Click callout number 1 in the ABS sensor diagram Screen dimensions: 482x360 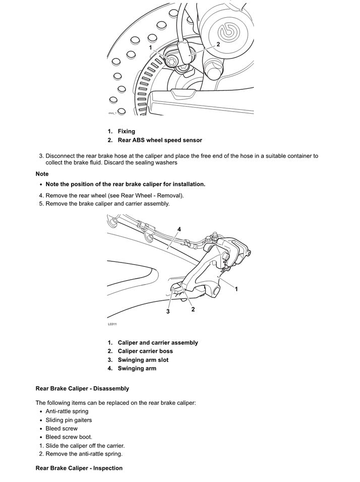[x=150, y=47]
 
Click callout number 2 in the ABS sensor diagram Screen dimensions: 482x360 [x=218, y=44]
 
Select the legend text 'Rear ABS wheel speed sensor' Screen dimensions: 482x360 [x=160, y=140]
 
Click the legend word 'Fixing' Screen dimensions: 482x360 [x=127, y=131]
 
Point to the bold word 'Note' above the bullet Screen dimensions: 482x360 [x=42, y=174]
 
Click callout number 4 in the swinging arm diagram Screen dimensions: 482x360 [x=179, y=229]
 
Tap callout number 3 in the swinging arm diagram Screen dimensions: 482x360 [x=168, y=311]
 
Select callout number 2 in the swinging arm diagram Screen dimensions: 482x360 [x=193, y=309]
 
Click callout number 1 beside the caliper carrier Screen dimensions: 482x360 [x=236, y=289]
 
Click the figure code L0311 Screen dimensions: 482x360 [x=111, y=324]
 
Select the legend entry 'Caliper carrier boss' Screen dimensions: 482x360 [x=145, y=351]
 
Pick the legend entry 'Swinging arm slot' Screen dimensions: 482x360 [x=143, y=360]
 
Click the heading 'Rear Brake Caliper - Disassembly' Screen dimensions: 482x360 [x=82, y=389]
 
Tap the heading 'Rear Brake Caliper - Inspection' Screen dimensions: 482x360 [x=79, y=468]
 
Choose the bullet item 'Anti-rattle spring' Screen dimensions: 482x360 [x=67, y=411]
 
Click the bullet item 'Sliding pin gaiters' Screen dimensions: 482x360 [x=69, y=420]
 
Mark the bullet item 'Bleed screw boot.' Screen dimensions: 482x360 [x=69, y=437]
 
